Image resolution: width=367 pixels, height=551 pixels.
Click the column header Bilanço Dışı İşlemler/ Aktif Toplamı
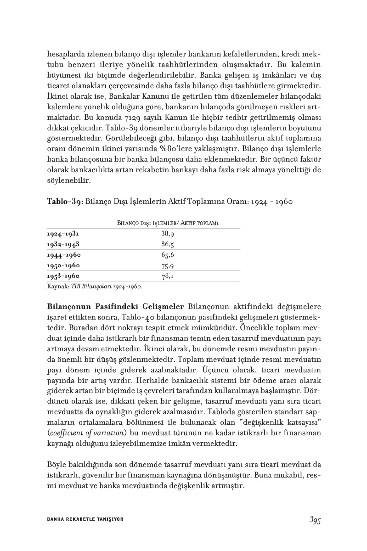tap(168, 223)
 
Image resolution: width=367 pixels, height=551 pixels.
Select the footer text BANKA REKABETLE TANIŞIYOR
tap(85, 519)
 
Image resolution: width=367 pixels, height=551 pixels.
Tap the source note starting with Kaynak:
tap(95, 287)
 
